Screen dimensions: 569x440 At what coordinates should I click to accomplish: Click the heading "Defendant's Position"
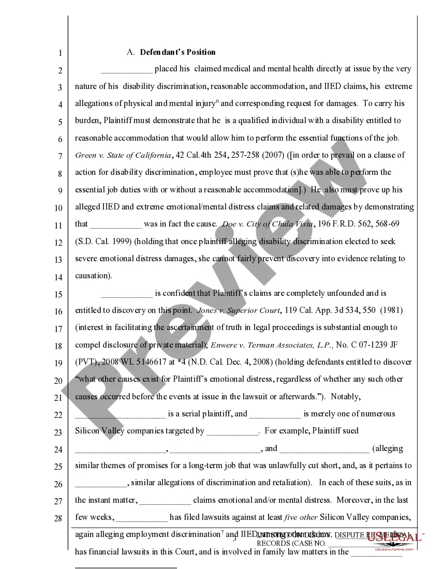coord(178,52)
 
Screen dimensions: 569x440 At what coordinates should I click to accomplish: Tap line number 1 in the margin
coord(60,53)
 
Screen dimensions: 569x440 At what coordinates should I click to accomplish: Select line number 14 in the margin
coord(58,277)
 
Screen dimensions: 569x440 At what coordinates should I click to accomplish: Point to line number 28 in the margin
coord(58,518)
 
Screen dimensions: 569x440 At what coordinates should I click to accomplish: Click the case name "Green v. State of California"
coord(123,155)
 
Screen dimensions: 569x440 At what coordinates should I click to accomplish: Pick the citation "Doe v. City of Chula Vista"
coord(267,224)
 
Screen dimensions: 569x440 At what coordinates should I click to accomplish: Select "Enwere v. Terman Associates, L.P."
coord(271,345)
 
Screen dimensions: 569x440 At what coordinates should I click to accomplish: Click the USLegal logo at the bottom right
coord(395,538)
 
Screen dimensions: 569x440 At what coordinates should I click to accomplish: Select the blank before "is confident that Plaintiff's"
coord(127,294)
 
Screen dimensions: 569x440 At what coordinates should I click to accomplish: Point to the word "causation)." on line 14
coord(94,276)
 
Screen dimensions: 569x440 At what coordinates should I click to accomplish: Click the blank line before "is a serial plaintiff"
coord(120,414)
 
